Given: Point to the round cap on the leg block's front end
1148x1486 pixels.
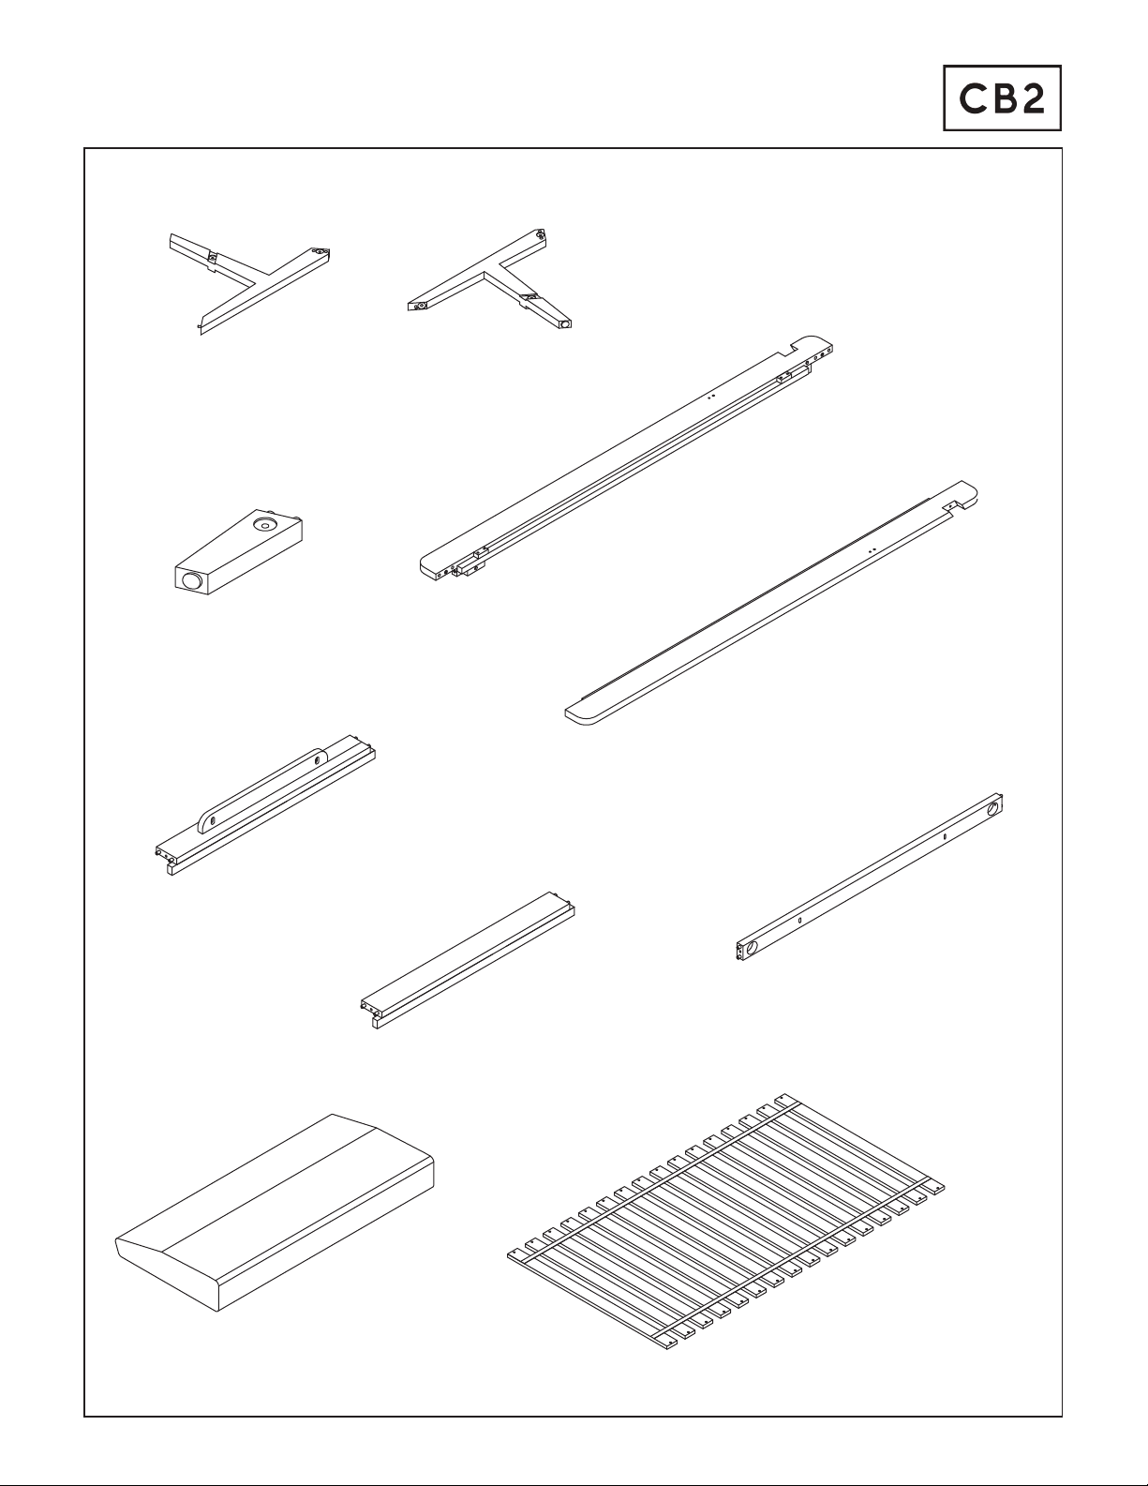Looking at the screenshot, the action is pyautogui.click(x=191, y=581).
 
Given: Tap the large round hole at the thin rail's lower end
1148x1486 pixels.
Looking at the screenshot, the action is pyautogui.click(x=752, y=948).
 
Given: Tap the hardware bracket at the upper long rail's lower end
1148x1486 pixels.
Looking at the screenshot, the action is pyautogui.click(x=470, y=563).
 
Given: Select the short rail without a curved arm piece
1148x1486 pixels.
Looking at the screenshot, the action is pyautogui.click(x=468, y=960).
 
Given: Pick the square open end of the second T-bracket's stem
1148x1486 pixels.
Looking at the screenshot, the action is pyautogui.click(x=564, y=323).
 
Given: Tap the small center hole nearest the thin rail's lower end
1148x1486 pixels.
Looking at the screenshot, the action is pyautogui.click(x=799, y=920).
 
